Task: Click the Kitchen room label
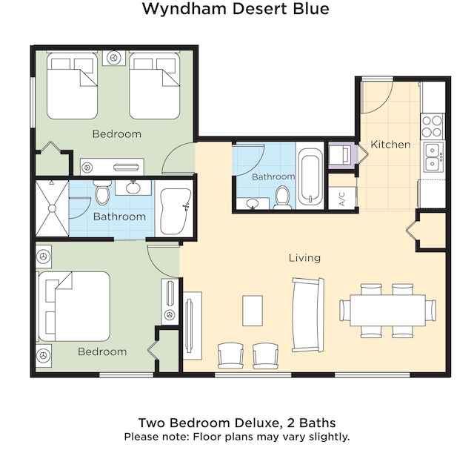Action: click(x=390, y=145)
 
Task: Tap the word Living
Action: click(x=304, y=258)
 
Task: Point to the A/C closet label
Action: click(x=342, y=199)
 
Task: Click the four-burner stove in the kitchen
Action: click(x=433, y=127)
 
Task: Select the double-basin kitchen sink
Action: click(x=433, y=157)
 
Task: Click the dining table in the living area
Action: click(x=387, y=311)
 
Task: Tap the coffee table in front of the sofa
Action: click(x=253, y=311)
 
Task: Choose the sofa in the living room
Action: click(x=308, y=315)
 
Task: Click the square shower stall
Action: click(x=53, y=208)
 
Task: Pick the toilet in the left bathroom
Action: click(x=102, y=193)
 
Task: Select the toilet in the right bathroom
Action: click(x=283, y=197)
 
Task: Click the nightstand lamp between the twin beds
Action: click(x=113, y=58)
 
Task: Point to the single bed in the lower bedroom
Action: click(x=74, y=306)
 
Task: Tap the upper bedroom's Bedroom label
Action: click(x=117, y=134)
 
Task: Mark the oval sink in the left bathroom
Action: click(x=133, y=188)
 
